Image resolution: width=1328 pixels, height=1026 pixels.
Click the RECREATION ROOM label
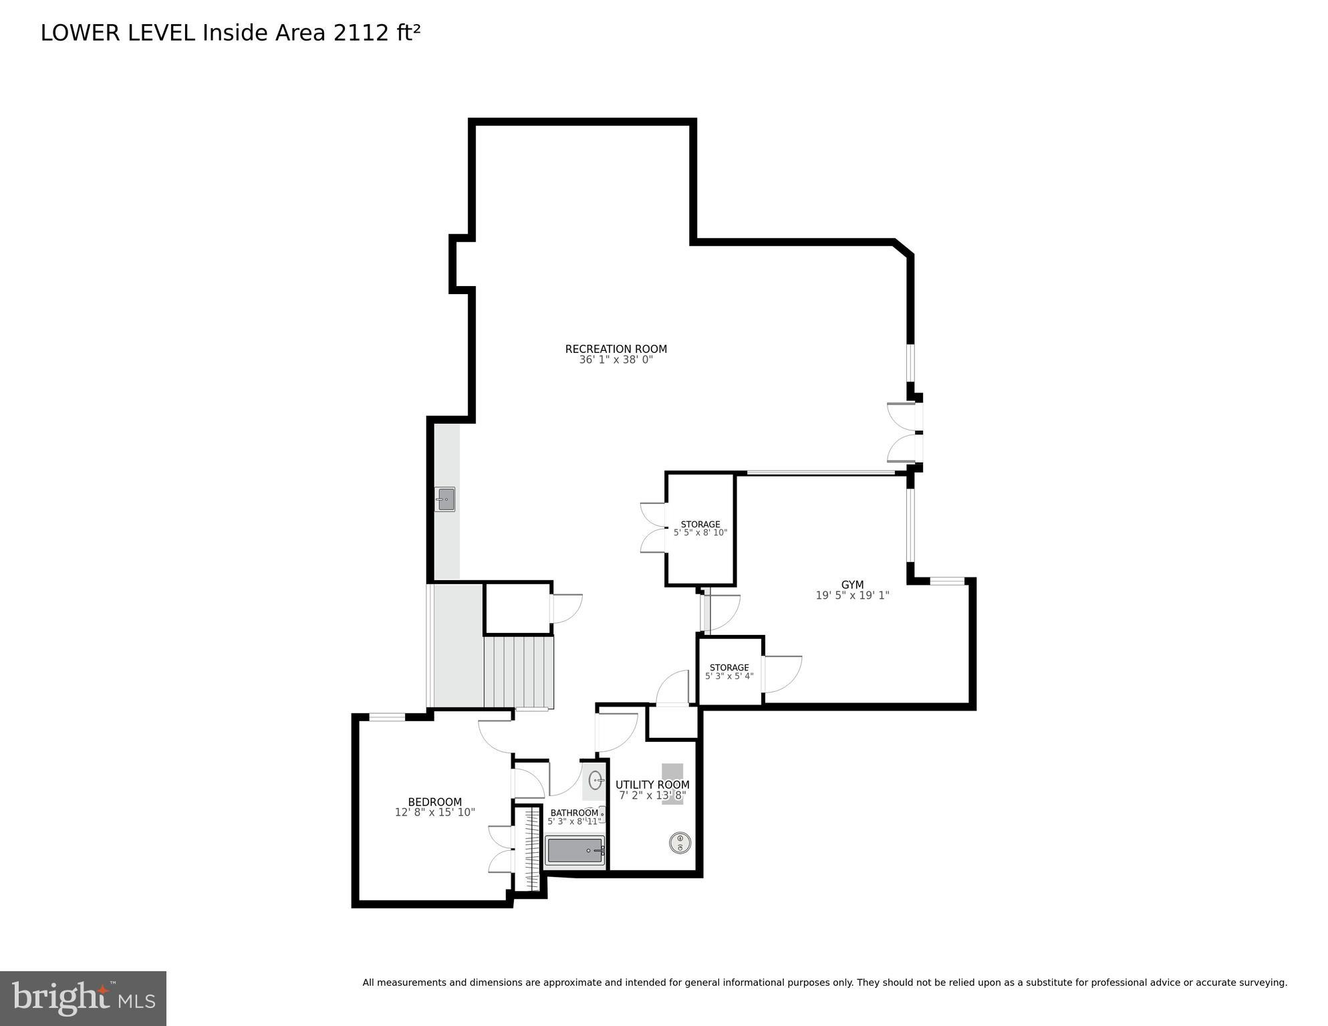616,349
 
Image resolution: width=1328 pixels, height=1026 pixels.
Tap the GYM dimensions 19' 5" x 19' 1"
852,596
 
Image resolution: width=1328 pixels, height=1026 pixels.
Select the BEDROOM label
434,802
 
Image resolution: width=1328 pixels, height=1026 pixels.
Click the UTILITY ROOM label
652,785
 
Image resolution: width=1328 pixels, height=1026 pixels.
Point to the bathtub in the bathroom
575,851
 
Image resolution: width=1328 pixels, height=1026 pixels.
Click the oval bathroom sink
595,780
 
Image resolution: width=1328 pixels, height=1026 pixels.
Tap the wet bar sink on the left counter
446,499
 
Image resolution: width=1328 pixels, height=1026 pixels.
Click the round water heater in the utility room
680,843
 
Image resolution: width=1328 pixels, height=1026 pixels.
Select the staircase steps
518,672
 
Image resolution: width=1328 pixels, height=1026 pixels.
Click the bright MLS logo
83,998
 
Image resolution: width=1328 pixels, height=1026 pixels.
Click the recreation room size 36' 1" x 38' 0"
616,360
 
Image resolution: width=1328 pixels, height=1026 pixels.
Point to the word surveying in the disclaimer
1262,983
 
